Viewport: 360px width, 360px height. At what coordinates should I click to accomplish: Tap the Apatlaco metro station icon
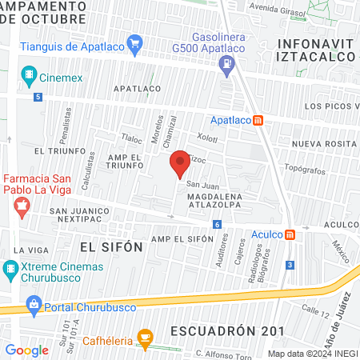pyautogui.click(x=258, y=121)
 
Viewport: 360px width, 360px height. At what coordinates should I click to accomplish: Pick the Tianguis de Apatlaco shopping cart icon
pyautogui.click(x=134, y=42)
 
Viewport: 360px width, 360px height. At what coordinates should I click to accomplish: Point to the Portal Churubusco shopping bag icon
pyautogui.click(x=34, y=303)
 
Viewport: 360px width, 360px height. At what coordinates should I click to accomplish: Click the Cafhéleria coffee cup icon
pyautogui.click(x=145, y=340)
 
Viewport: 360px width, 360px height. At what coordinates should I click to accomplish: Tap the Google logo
pyautogui.click(x=26, y=350)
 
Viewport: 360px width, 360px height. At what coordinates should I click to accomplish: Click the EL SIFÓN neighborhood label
pyautogui.click(x=111, y=247)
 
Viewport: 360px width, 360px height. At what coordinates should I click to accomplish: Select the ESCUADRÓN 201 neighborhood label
pyautogui.click(x=226, y=330)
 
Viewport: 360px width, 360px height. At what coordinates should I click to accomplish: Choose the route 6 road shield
pyautogui.click(x=217, y=226)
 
